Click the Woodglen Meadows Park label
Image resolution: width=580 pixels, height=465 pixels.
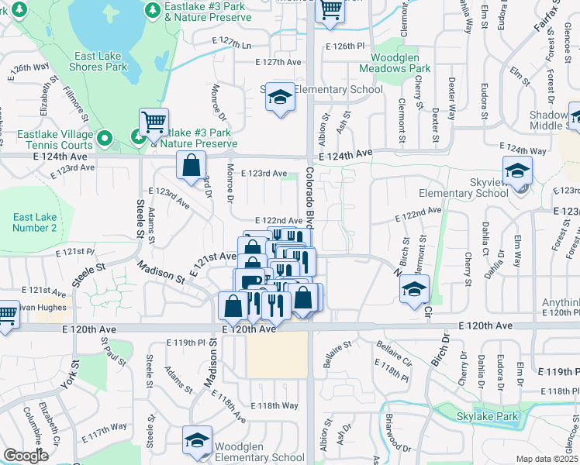[400, 63]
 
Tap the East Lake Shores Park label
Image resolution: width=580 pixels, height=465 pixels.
[102, 61]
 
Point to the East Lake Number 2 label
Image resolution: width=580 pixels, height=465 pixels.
[34, 222]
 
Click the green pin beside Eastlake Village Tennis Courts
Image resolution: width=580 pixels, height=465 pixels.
[105, 139]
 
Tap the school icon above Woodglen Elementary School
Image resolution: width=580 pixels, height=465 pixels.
[198, 439]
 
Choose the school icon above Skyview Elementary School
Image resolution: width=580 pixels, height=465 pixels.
[517, 170]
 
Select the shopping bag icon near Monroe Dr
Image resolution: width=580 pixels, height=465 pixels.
[191, 165]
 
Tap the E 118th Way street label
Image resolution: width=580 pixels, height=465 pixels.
[274, 405]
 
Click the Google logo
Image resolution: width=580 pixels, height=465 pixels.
[26, 456]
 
